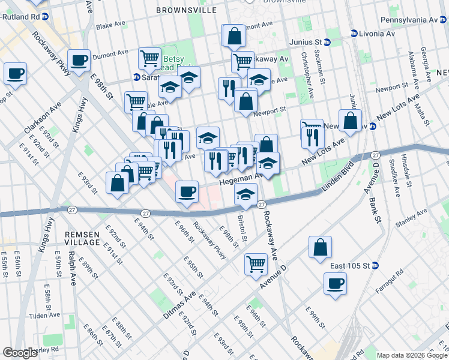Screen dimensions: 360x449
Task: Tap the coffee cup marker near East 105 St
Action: point(335,283)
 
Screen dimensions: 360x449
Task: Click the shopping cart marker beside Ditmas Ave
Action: point(256,263)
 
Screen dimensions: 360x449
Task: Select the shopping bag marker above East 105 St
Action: point(321,246)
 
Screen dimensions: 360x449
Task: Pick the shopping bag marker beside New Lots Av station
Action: point(350,120)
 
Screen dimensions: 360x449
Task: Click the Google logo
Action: point(20,353)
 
